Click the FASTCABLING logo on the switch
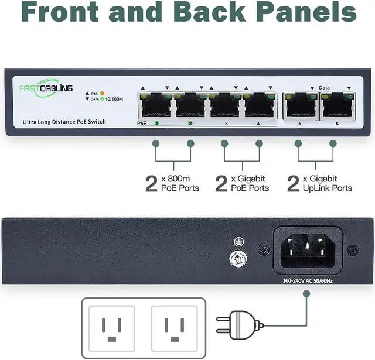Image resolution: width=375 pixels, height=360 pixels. (45, 88)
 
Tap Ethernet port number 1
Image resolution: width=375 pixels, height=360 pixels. (155, 105)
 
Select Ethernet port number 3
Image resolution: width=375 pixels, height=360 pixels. (226, 105)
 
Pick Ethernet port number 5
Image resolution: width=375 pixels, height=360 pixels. (299, 105)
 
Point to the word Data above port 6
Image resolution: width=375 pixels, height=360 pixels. (325, 87)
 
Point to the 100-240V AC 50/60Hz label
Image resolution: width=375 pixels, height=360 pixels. (308, 280)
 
